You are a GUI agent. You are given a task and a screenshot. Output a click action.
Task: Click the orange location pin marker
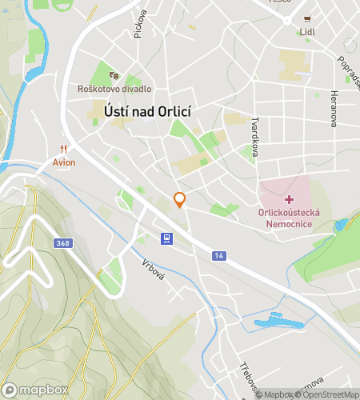click(180, 200)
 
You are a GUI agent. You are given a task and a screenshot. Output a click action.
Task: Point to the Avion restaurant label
click(64, 162)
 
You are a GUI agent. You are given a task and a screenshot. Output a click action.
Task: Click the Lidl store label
click(306, 33)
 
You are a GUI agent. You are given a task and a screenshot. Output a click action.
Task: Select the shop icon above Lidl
click(306, 19)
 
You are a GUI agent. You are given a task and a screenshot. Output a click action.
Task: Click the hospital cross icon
click(289, 197)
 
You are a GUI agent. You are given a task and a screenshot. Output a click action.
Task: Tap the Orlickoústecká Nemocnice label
click(290, 218)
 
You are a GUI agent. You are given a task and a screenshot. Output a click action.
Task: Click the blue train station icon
click(166, 238)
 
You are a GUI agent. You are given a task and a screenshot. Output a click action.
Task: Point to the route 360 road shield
click(62, 242)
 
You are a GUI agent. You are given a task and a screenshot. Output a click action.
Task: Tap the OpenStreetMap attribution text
click(328, 394)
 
